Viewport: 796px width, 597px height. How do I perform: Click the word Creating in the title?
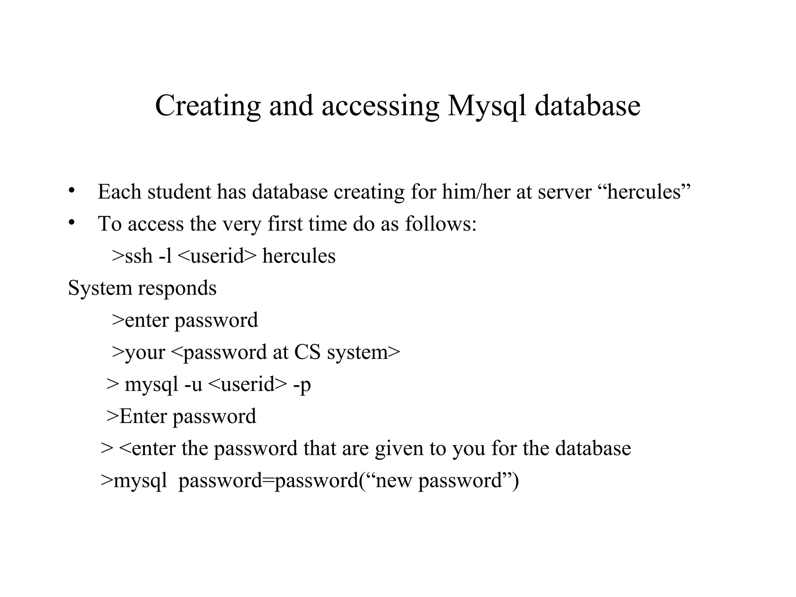click(208, 106)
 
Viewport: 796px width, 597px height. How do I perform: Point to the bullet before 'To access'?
click(71, 222)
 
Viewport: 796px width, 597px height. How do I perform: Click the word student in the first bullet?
click(179, 192)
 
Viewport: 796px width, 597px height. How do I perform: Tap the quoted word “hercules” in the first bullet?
click(643, 192)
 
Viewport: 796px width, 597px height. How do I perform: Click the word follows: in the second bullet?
click(441, 224)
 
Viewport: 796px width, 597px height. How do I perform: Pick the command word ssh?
click(139, 256)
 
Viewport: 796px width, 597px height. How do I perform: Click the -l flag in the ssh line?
click(166, 256)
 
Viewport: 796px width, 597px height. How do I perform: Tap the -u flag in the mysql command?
click(193, 385)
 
